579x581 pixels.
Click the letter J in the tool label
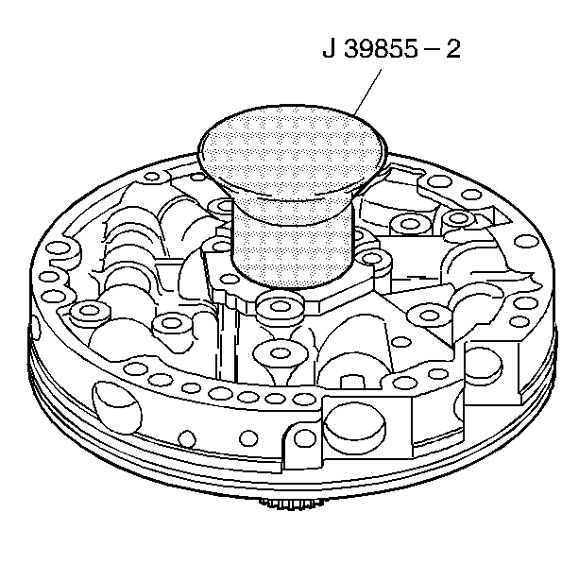point(328,49)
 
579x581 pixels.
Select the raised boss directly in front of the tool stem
point(280,308)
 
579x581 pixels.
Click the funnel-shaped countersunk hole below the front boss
point(281,354)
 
